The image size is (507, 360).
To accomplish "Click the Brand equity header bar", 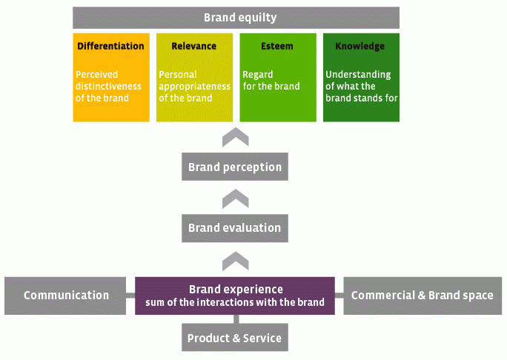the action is pyautogui.click(x=236, y=18).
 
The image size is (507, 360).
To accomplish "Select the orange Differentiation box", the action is pyautogui.click(x=111, y=78).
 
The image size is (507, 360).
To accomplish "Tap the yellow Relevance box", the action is pyautogui.click(x=195, y=78).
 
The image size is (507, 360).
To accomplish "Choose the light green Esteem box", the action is pyautogui.click(x=278, y=78).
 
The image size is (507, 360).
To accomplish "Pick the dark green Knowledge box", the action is pyautogui.click(x=361, y=78).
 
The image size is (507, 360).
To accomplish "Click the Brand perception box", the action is pyautogui.click(x=235, y=167).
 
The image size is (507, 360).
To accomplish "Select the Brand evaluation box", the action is pyautogui.click(x=235, y=228).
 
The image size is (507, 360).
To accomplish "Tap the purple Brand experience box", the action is pyautogui.click(x=235, y=296).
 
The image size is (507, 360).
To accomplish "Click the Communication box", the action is pyautogui.click(x=65, y=296).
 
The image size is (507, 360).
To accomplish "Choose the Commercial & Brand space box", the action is pyautogui.click(x=422, y=296).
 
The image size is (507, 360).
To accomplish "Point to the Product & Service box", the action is pyautogui.click(x=235, y=337).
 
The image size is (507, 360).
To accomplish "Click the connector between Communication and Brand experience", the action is pyautogui.click(x=130, y=296).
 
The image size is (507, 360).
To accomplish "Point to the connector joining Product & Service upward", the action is pyautogui.click(x=236, y=319).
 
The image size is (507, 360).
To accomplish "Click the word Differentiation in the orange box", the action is pyautogui.click(x=110, y=46).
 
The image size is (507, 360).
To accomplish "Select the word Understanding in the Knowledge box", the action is pyautogui.click(x=358, y=75).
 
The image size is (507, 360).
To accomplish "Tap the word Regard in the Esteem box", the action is pyautogui.click(x=258, y=75).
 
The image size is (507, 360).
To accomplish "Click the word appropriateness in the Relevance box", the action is pyautogui.click(x=195, y=87).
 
